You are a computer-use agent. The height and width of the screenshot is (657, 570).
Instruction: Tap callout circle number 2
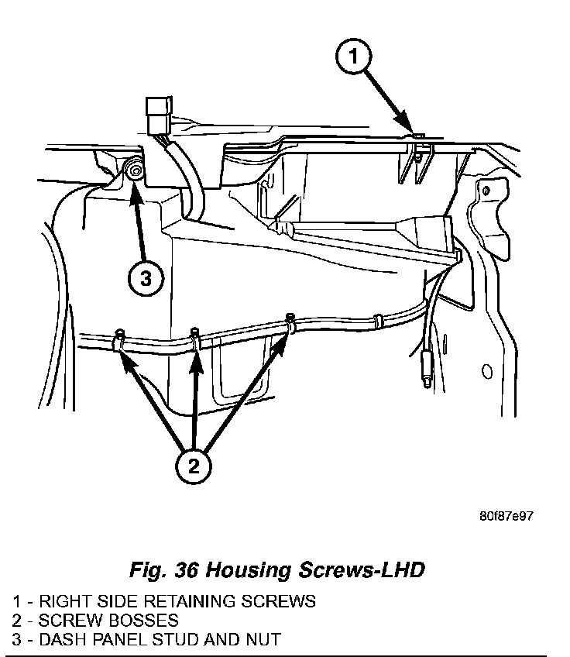(x=193, y=466)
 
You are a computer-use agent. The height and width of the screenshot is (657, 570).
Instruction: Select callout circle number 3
(x=146, y=279)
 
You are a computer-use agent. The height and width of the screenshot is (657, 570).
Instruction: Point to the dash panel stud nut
(x=136, y=172)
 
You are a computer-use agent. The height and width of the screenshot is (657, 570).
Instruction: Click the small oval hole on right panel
(x=487, y=373)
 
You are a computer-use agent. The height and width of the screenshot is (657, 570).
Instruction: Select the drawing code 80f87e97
(x=506, y=516)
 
